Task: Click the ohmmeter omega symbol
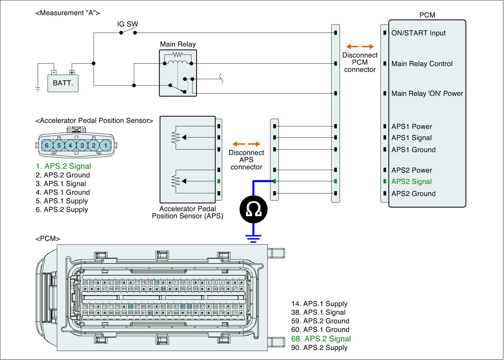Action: [253, 209]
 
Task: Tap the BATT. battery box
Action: [63, 83]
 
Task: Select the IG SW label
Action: [128, 24]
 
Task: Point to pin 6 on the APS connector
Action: [47, 145]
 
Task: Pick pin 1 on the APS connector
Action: [106, 145]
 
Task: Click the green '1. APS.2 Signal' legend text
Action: [63, 166]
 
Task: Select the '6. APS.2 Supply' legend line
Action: [62, 210]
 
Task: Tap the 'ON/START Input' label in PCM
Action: [418, 33]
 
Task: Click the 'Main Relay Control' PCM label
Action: [422, 64]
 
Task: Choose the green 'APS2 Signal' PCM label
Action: [411, 182]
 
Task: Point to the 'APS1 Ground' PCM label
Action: [413, 150]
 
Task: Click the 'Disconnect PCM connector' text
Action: [360, 62]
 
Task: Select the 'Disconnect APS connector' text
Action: [246, 160]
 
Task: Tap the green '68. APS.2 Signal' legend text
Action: [321, 339]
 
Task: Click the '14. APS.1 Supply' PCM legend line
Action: [319, 304]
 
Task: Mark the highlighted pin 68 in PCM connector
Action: [131, 306]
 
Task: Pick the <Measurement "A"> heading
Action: [68, 13]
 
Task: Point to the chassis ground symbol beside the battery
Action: [38, 89]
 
